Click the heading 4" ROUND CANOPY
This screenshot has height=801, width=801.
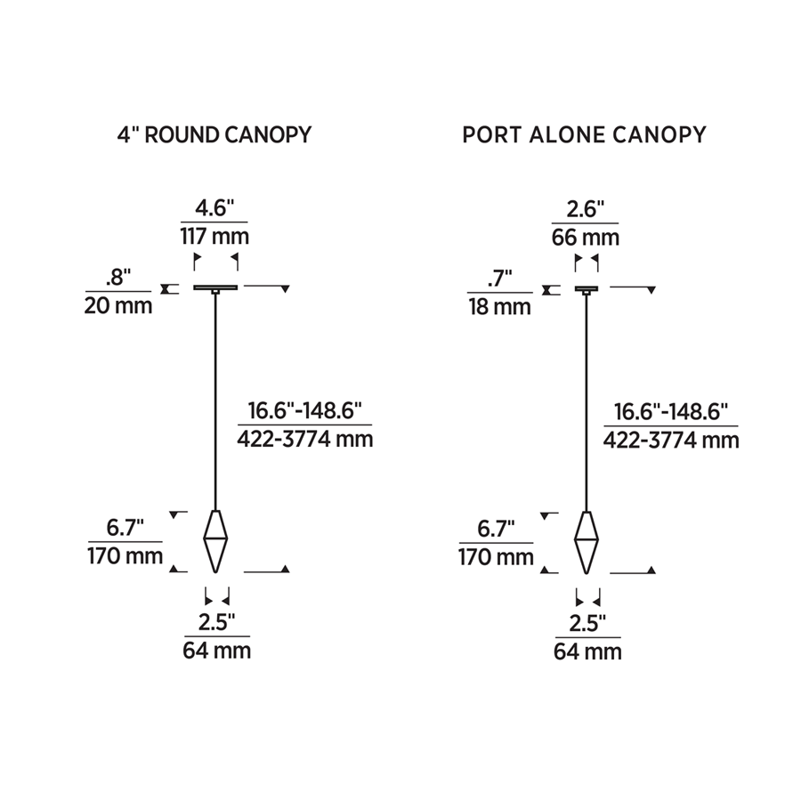pos(214,134)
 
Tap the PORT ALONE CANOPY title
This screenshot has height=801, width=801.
pos(584,134)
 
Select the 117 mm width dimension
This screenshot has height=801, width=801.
pos(214,237)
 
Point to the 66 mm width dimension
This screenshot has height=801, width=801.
pos(585,237)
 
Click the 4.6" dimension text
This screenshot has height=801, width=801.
pos(214,208)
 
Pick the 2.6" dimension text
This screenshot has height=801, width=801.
pos(585,208)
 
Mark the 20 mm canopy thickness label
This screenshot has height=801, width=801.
pos(118,305)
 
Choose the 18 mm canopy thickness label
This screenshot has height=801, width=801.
pos(499,307)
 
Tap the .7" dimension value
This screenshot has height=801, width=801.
pos(499,278)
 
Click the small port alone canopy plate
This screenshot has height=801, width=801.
pos(587,288)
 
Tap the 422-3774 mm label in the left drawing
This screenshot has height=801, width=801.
pos(304,439)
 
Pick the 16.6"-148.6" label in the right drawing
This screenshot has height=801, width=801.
pos(671,411)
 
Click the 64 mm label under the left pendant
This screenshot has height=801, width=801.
pos(217,651)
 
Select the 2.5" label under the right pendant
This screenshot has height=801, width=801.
pos(587,621)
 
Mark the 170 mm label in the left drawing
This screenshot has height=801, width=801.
pos(125,557)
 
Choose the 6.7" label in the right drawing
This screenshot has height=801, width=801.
pos(497,529)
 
